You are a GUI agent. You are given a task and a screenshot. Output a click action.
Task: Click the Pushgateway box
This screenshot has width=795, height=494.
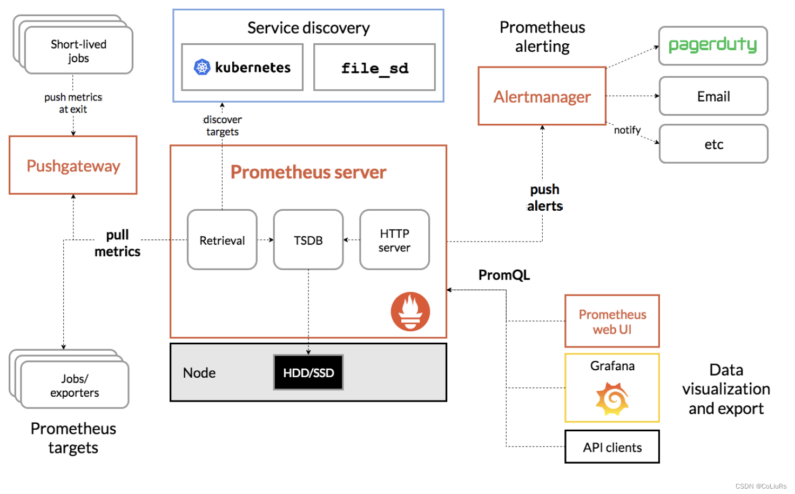coord(73,165)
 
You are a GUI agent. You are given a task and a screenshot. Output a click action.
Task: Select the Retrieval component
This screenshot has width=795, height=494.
coord(222,240)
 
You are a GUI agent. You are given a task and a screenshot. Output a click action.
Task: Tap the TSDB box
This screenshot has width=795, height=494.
coord(308,240)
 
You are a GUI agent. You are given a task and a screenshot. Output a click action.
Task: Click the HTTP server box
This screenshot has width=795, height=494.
coord(394,240)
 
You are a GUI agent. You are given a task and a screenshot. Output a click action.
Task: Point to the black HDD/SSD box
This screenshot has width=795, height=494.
coord(308,372)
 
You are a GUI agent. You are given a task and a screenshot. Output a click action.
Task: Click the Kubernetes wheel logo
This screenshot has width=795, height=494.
coord(202,67)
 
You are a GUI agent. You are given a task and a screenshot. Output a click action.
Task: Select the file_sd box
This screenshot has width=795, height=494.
coord(374,68)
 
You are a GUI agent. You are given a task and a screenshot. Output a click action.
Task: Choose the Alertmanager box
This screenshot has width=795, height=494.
coord(542,97)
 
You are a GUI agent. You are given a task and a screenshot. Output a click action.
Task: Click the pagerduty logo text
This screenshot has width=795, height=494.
coord(712,45)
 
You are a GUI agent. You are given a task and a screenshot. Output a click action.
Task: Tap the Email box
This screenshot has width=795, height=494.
coord(713,96)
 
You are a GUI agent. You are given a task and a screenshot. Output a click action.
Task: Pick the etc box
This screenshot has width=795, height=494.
coord(713,144)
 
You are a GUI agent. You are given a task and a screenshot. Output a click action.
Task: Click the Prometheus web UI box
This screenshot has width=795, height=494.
coord(612,322)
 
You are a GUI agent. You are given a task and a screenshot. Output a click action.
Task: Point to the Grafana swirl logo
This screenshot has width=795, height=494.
coord(612,399)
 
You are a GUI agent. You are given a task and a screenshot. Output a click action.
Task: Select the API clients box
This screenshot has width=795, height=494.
coord(612,447)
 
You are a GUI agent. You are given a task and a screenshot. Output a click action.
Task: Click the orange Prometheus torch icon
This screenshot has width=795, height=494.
coord(410,311)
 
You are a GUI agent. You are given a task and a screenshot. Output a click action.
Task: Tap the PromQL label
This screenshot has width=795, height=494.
coord(504,275)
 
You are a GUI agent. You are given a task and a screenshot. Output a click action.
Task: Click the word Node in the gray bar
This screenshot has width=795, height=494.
coord(199,373)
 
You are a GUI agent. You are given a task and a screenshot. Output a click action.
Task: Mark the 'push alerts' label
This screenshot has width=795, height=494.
coord(544,198)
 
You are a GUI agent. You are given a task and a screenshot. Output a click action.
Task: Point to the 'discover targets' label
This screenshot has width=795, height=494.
coord(223,125)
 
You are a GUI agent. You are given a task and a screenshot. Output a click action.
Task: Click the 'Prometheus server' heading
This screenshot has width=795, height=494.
coord(308,172)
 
